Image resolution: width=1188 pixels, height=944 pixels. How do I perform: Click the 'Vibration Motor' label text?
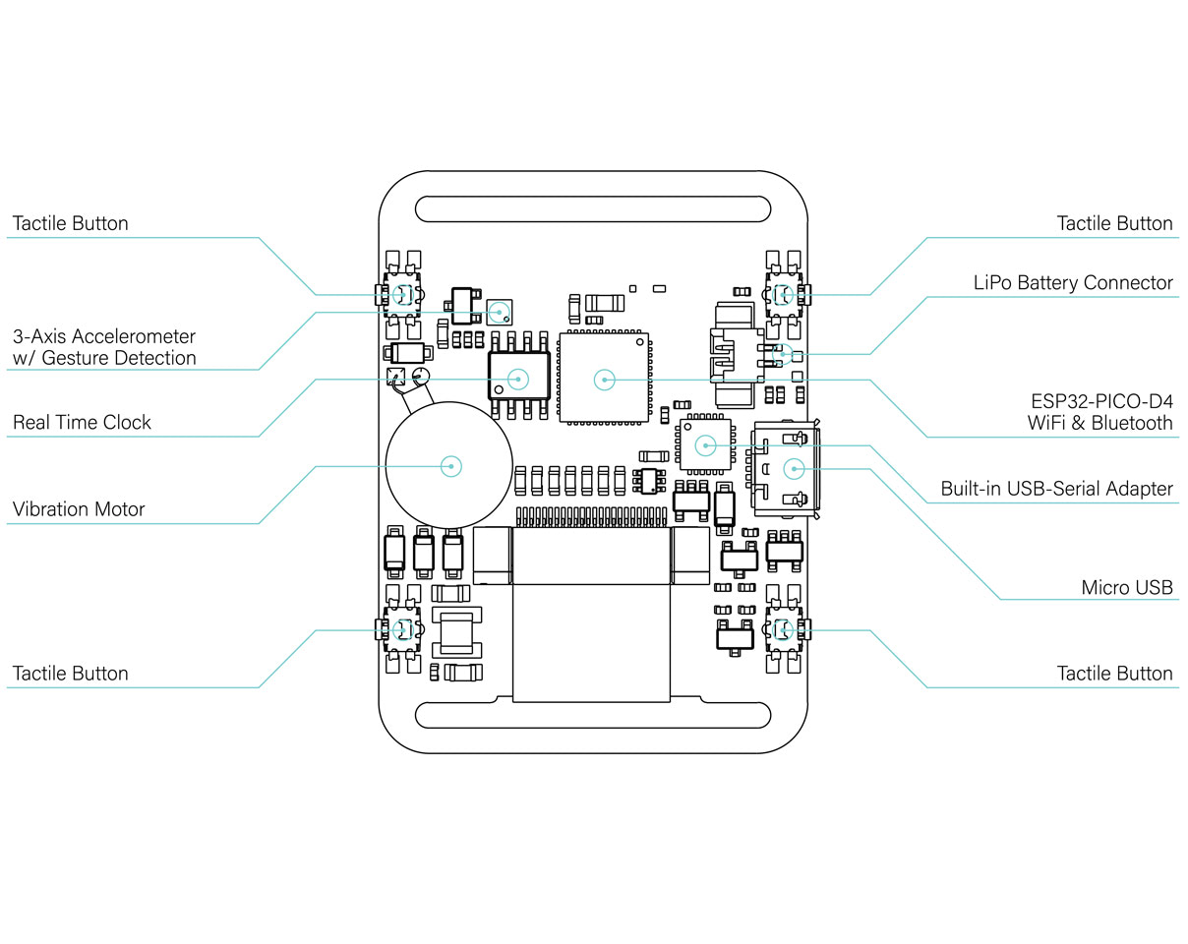(79, 509)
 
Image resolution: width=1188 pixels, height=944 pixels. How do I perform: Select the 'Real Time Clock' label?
(82, 422)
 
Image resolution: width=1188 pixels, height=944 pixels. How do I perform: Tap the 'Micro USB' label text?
(1127, 587)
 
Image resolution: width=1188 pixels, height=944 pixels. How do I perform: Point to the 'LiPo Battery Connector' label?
(1073, 282)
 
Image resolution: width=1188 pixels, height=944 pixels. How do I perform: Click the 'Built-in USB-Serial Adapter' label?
(1056, 489)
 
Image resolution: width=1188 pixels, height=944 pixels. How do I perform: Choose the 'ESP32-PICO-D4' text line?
(1101, 401)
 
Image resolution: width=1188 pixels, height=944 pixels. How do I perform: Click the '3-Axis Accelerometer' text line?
(104, 336)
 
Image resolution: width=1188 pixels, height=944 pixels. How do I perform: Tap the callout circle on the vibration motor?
(451, 466)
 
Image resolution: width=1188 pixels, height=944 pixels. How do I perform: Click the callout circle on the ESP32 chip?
(605, 380)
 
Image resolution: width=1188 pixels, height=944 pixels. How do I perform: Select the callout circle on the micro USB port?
(794, 469)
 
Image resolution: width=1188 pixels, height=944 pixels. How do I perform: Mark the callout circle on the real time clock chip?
(518, 380)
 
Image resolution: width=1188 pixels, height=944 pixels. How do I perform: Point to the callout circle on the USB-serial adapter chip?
(705, 445)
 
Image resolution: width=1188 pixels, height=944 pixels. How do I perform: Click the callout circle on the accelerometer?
(500, 313)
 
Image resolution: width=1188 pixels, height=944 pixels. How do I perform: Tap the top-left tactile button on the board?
(402, 295)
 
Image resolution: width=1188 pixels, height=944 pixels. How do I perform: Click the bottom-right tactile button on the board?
(784, 630)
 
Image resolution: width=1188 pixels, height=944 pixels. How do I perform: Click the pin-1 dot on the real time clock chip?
(499, 389)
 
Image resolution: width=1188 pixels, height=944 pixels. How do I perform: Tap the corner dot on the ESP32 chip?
(640, 342)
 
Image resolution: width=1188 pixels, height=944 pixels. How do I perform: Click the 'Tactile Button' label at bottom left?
(70, 674)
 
